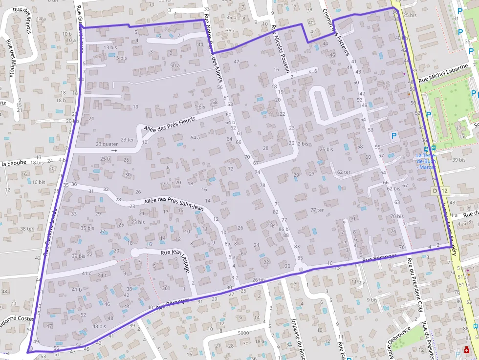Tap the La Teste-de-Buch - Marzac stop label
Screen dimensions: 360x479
click(x=426, y=161)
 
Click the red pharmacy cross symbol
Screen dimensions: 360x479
click(x=467, y=351)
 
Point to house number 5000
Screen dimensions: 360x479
click(x=243, y=333)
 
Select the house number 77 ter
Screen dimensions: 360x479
click(x=317, y=210)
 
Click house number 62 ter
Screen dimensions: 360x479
click(x=344, y=172)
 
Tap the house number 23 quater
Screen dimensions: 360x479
click(x=107, y=144)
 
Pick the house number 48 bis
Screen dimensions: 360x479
click(x=99, y=326)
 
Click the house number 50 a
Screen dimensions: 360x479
click(x=175, y=65)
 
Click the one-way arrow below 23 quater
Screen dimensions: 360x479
click(x=114, y=151)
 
